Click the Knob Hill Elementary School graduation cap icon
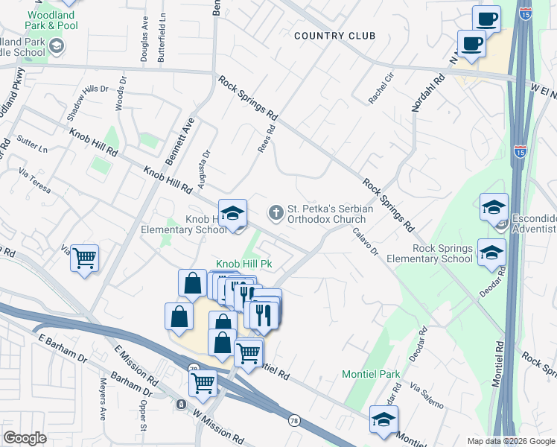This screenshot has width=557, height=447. pyautogui.click(x=232, y=213)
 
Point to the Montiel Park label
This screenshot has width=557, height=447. pyautogui.click(x=371, y=374)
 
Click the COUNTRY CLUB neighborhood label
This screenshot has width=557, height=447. pyautogui.click(x=334, y=36)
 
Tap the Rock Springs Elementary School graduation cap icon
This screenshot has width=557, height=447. pyautogui.click(x=492, y=253)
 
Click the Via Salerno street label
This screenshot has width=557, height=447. pyautogui.click(x=426, y=398)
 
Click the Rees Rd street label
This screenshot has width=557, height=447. pyautogui.click(x=267, y=139)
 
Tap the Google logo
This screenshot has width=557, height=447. pyautogui.click(x=25, y=438)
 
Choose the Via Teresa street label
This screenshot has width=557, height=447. pyautogui.click(x=35, y=183)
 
